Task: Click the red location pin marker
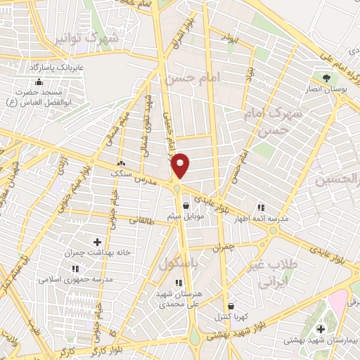[x=181, y=166]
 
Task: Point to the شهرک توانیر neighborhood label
[x=85, y=39]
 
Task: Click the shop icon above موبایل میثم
[x=186, y=207]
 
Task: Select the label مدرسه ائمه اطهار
[x=262, y=219]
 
